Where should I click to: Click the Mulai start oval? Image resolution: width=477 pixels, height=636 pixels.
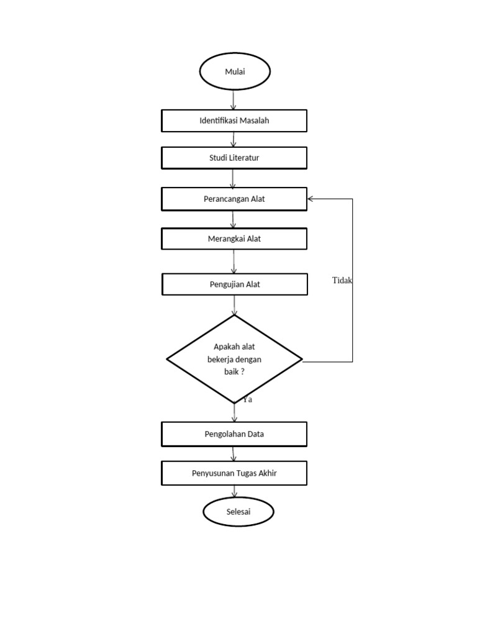click(x=235, y=72)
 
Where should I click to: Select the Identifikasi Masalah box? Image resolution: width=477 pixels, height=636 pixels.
click(x=234, y=120)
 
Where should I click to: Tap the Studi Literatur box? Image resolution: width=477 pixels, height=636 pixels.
click(x=234, y=158)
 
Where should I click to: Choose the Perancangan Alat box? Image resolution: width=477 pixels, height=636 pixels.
click(x=234, y=199)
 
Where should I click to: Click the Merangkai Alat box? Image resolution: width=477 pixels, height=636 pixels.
click(x=234, y=238)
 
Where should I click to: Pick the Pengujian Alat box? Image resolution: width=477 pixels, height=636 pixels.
click(x=234, y=284)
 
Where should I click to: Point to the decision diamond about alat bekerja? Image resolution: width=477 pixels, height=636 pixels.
click(x=234, y=360)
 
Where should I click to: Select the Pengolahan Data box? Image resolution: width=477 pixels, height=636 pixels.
click(x=234, y=434)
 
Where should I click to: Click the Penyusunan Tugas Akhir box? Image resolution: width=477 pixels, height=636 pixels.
click(x=234, y=473)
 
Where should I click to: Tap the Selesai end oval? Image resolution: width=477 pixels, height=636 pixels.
click(x=238, y=512)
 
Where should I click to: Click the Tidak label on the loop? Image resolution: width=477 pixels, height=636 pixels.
click(x=342, y=281)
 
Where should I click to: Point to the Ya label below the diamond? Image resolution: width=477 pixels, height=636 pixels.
click(x=248, y=400)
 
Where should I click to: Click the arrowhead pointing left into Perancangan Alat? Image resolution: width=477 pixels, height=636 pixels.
click(x=311, y=199)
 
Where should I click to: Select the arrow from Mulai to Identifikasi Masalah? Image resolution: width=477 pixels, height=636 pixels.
click(x=234, y=99)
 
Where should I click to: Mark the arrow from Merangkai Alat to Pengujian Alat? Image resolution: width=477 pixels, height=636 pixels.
click(x=234, y=262)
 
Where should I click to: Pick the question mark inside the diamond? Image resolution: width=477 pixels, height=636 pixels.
click(x=242, y=371)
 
